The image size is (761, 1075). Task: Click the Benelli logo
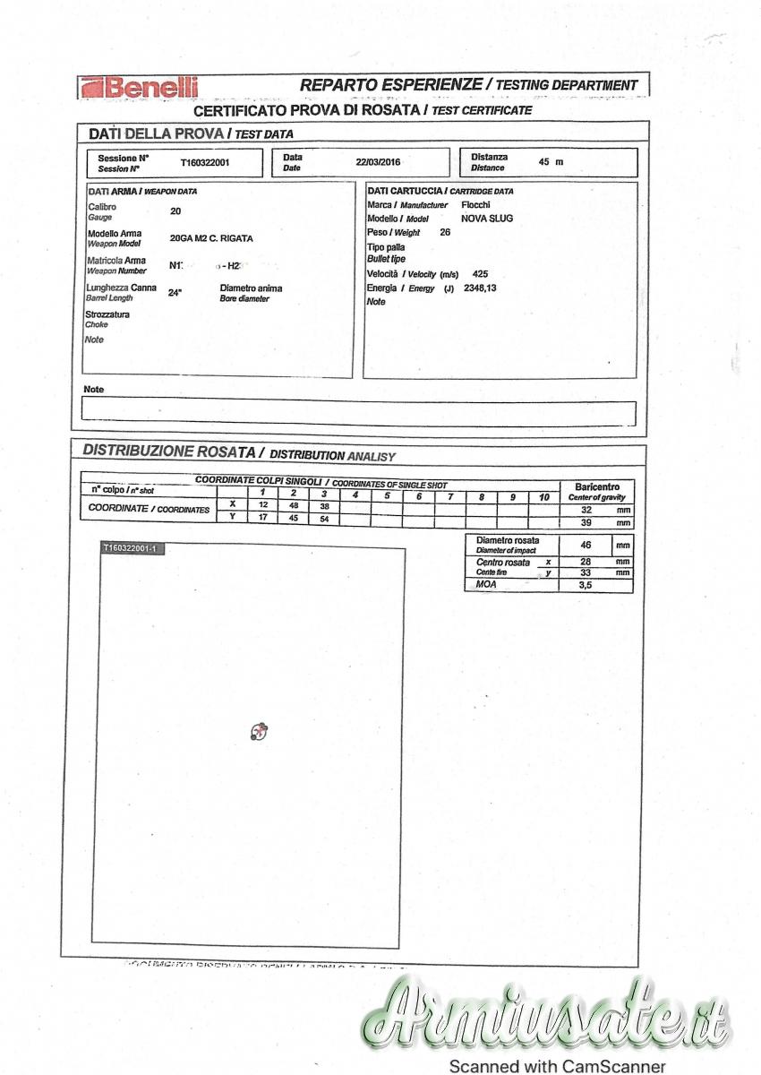click(140, 87)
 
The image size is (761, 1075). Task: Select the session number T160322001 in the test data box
click(205, 163)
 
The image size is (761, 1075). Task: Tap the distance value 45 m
click(551, 162)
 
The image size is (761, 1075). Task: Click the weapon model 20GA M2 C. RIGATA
click(211, 238)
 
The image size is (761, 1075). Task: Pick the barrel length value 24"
click(175, 292)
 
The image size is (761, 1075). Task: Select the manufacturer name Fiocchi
click(475, 204)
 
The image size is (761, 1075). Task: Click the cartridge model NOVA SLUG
click(487, 219)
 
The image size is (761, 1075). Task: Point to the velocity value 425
click(480, 273)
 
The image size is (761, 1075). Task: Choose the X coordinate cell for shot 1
click(262, 505)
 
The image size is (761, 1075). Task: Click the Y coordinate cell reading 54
click(324, 519)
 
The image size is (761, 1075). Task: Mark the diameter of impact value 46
click(586, 545)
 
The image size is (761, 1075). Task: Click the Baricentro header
click(596, 486)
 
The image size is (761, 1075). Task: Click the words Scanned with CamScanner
click(558, 1066)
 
